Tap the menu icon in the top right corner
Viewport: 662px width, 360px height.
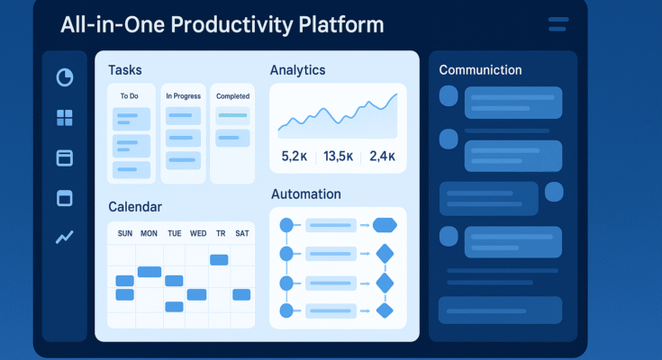tap(558, 24)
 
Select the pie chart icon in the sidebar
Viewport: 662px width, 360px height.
tap(64, 77)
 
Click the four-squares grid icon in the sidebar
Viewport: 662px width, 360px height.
tap(64, 118)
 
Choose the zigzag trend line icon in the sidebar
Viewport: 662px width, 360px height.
tap(64, 238)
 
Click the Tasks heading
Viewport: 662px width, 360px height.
tap(124, 70)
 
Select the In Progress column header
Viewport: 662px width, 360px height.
tap(183, 95)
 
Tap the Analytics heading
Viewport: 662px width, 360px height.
tap(297, 70)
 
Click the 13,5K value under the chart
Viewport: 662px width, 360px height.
tap(338, 157)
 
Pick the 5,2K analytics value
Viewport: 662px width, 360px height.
tap(294, 157)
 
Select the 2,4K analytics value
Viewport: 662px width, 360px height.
tap(382, 157)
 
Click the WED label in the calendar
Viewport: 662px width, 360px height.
tap(198, 234)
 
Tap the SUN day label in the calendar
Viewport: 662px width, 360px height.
tap(124, 234)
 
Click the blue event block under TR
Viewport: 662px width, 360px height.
tap(219, 259)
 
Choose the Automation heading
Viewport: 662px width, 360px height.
tap(305, 194)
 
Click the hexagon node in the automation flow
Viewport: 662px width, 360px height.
tap(385, 225)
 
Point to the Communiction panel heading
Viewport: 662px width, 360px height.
tap(479, 70)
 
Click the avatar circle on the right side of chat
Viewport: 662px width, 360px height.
tap(554, 192)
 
